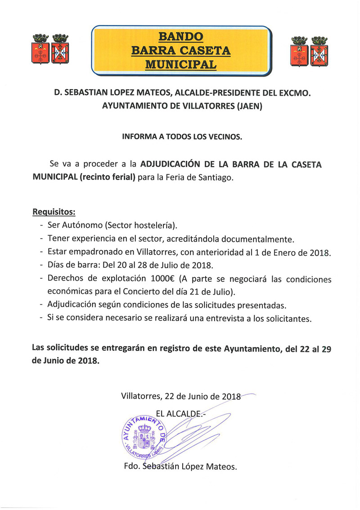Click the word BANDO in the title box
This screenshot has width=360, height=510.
(x=180, y=36)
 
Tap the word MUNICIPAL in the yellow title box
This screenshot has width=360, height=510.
(x=180, y=64)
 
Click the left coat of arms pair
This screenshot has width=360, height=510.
(x=47, y=49)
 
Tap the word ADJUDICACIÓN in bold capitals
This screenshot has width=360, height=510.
(x=173, y=164)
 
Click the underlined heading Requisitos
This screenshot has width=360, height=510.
(x=54, y=212)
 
